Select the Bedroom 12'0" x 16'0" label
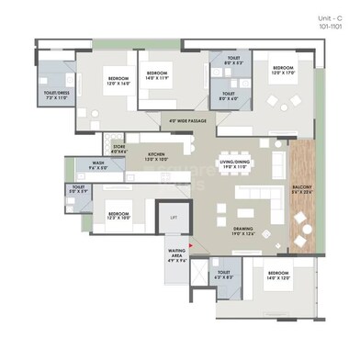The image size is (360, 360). [x=118, y=81]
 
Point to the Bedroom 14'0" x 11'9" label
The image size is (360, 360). [x=156, y=74]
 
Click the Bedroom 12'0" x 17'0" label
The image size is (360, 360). [x=280, y=70]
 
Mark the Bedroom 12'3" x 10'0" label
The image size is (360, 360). [x=117, y=217]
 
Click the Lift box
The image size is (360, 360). [x=174, y=217]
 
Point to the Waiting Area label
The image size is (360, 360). [x=177, y=257]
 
